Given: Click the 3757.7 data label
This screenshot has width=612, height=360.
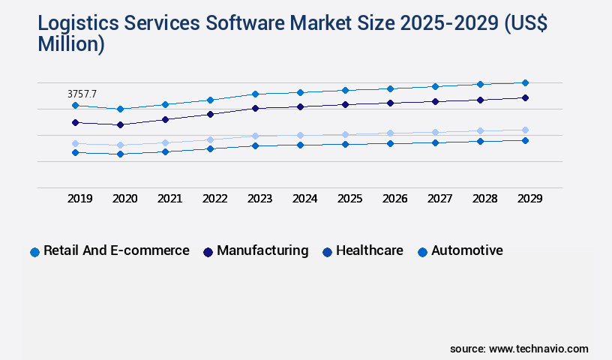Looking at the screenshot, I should (82, 94).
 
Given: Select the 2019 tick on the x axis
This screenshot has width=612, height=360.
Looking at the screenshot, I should (80, 199).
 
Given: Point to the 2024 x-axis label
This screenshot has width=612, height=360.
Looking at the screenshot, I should (305, 199).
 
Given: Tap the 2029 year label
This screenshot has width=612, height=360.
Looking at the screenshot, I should (529, 199).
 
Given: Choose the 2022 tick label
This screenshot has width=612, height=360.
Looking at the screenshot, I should (215, 199).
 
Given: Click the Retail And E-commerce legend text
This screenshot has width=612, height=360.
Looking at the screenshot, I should (116, 250).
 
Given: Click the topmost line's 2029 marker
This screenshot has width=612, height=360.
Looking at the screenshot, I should (525, 82).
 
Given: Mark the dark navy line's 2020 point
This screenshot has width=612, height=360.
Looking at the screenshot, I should (120, 124).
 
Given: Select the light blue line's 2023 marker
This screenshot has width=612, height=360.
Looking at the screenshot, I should (255, 136).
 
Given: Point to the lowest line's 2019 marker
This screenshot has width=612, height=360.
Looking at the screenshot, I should (75, 152).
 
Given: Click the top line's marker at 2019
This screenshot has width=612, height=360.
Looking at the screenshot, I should (75, 106).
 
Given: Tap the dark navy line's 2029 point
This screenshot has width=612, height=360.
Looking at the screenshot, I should (525, 97).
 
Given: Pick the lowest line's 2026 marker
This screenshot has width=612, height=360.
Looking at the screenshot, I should (390, 143).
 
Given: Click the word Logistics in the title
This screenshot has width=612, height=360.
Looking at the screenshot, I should (75, 24).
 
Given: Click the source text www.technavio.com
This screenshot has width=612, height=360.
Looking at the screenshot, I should (538, 349).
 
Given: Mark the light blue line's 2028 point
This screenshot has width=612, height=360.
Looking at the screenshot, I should (480, 130).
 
